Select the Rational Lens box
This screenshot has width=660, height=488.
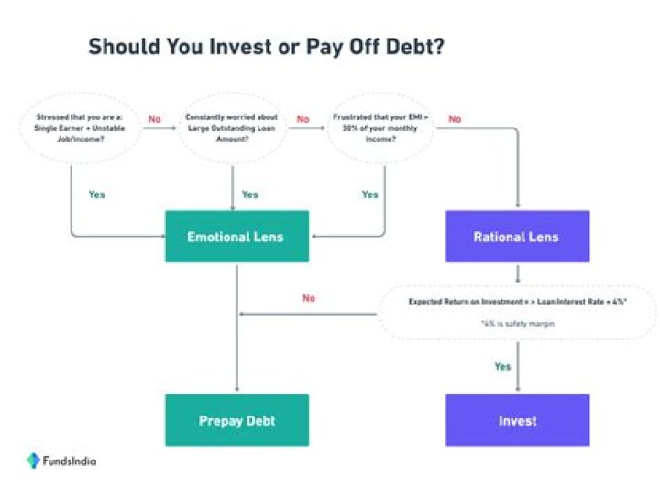[517, 237]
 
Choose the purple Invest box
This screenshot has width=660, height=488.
[517, 421]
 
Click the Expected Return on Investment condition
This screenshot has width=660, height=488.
[517, 303]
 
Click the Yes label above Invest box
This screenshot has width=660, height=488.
[502, 366]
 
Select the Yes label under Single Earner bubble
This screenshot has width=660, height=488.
[96, 194]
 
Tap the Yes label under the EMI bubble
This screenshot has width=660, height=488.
[369, 194]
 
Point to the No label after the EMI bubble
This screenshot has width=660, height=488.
[455, 119]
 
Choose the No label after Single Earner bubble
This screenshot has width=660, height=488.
[154, 119]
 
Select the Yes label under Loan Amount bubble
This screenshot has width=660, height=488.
[249, 194]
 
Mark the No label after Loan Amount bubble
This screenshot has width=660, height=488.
[302, 119]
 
